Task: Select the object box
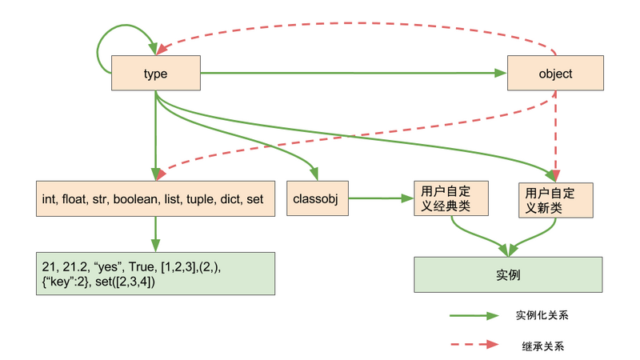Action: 554,74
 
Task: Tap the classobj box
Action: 318,198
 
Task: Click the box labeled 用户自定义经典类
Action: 452,198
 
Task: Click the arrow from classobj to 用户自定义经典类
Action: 380,198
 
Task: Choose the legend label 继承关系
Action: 537,346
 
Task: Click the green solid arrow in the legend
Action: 476,316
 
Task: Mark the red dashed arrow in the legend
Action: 476,346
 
